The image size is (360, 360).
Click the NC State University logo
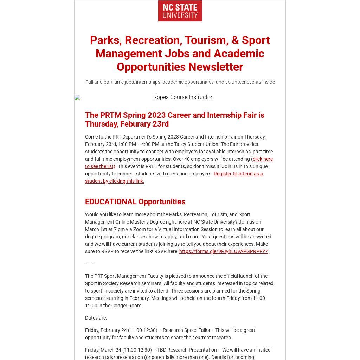180,11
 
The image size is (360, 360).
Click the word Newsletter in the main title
216,67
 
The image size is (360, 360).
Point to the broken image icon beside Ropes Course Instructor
77,97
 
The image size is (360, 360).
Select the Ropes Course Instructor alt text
182,97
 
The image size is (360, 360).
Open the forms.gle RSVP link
223,251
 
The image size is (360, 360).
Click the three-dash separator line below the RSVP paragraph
90,264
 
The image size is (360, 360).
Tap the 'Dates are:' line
96,318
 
